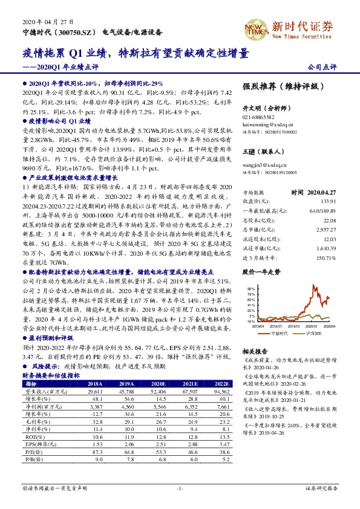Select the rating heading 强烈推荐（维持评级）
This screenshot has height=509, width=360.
coord(280,86)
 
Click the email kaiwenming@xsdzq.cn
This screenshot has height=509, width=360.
coord(265,123)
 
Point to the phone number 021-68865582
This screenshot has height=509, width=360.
coord(259,117)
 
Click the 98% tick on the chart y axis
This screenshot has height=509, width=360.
coord(250,290)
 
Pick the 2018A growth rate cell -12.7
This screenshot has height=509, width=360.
coord(96,413)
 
